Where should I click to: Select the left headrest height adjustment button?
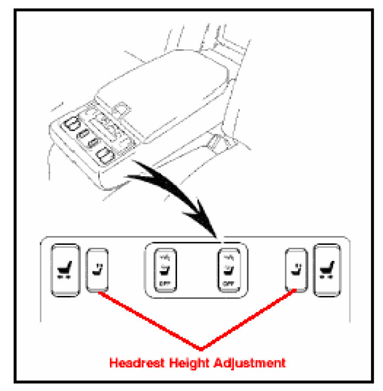coord(97,270)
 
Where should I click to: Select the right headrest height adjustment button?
coord(295,270)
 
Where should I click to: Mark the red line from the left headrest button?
coord(148,321)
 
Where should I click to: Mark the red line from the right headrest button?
coord(249,321)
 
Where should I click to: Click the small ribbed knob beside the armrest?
coord(215,141)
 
